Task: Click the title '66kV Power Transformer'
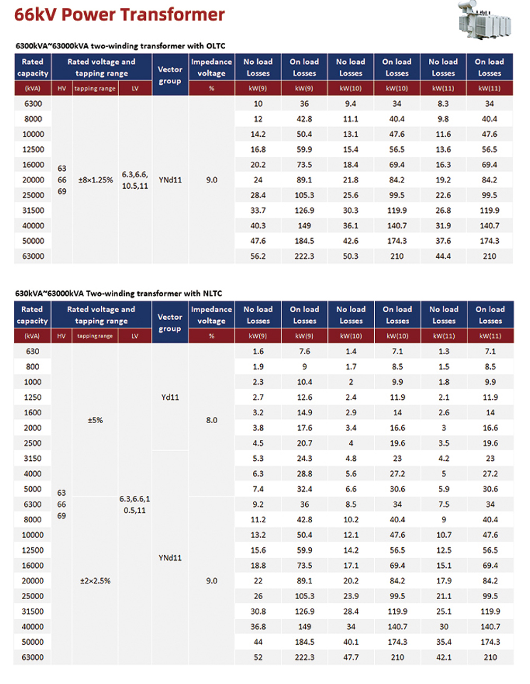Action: [x=119, y=14]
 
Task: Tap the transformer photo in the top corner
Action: [x=484, y=21]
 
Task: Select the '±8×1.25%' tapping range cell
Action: [x=95, y=180]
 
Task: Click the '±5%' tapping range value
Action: [x=95, y=420]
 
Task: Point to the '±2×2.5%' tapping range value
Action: [x=95, y=581]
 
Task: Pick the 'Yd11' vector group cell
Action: [x=170, y=397]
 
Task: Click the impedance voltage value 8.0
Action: [x=211, y=420]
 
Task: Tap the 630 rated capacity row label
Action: [x=33, y=351]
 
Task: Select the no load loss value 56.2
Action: [x=258, y=256]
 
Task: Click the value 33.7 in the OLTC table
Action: [x=258, y=211]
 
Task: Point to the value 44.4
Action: [x=443, y=256]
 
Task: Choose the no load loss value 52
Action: [x=258, y=657]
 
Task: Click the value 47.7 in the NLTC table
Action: [x=351, y=657]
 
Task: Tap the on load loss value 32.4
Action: [x=305, y=489]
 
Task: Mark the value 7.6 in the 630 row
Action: [x=305, y=351]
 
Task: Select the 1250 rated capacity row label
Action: [x=33, y=397]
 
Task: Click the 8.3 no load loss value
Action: [x=443, y=103]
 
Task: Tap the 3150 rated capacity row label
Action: [x=33, y=458]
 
